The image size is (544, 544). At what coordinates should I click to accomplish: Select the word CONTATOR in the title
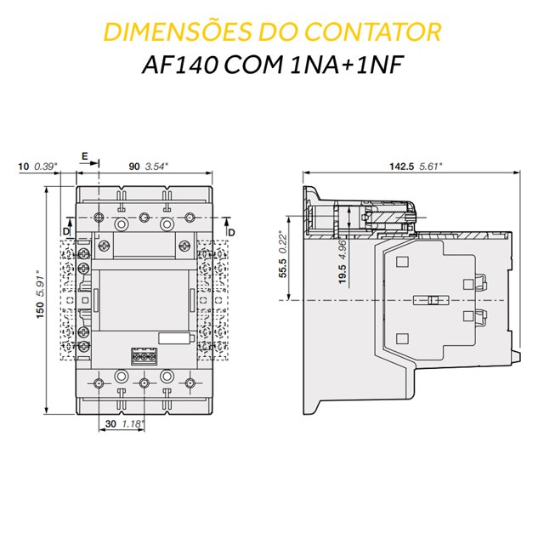[373, 32]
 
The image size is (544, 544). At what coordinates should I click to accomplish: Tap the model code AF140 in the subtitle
[179, 65]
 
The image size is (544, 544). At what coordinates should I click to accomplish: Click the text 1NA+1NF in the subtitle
[346, 65]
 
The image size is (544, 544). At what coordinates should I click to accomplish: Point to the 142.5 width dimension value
[401, 167]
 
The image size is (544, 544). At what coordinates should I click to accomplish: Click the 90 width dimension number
[134, 167]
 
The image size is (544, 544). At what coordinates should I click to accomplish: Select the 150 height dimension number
[40, 310]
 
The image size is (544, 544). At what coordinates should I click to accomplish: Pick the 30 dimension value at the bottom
[110, 423]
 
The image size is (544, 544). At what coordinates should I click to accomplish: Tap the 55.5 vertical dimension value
[283, 269]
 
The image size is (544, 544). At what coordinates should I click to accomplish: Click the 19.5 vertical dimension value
[343, 274]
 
